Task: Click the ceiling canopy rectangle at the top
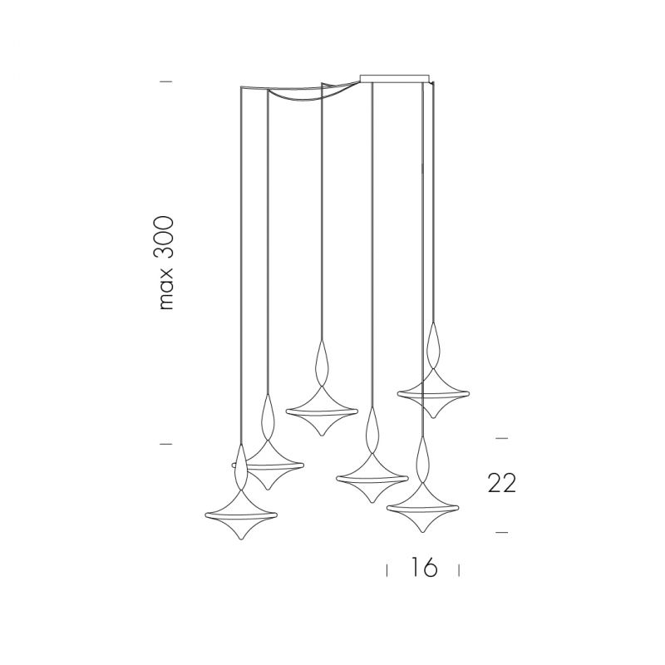tap(395, 78)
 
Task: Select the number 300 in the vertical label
tap(164, 238)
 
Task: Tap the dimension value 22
tap(502, 483)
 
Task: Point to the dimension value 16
tap(424, 568)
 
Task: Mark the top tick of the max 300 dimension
tap(165, 81)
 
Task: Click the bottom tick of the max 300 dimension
tap(165, 444)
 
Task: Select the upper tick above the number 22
tap(502, 438)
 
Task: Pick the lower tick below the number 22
tap(502, 532)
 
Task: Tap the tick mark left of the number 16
tap(387, 570)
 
